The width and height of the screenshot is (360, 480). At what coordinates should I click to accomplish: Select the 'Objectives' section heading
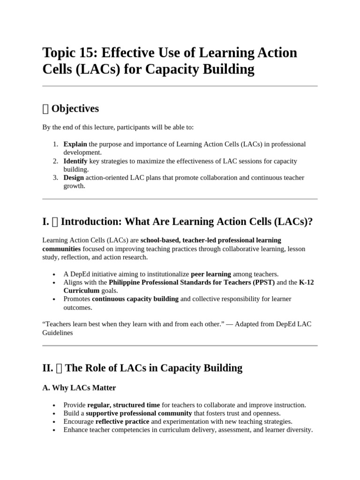coord(75,109)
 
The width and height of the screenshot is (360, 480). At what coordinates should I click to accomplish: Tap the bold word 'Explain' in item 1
coord(75,144)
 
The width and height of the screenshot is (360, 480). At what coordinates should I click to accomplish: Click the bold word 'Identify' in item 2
coord(75,161)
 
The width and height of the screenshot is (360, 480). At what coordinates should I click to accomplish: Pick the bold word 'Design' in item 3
coord(74,178)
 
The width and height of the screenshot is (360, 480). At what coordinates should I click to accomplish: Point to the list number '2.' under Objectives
coord(55,161)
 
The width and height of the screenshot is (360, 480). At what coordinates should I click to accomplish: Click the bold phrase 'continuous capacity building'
coord(135,299)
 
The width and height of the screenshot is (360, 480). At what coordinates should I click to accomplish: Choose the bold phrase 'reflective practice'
coord(122,421)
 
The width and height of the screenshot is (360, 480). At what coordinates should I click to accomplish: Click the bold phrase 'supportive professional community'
coord(139,413)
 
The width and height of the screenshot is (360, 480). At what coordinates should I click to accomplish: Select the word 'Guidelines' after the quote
coord(58,332)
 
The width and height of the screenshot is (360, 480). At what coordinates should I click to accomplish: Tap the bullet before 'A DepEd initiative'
coord(55,275)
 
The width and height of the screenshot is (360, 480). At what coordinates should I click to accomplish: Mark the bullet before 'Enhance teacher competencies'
coord(55,430)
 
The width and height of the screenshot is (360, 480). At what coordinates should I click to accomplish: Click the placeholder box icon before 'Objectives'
coord(45,109)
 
